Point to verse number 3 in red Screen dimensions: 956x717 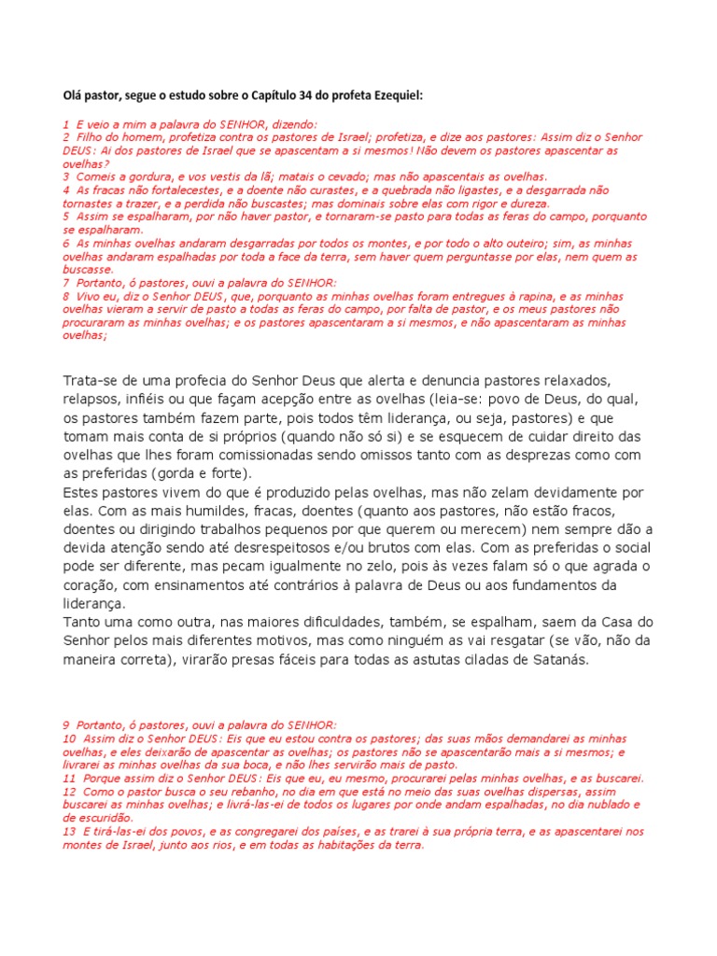click(66, 176)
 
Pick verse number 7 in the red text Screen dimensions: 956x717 click(66, 282)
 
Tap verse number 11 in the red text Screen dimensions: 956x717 click(68, 778)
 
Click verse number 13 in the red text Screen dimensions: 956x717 click(68, 831)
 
